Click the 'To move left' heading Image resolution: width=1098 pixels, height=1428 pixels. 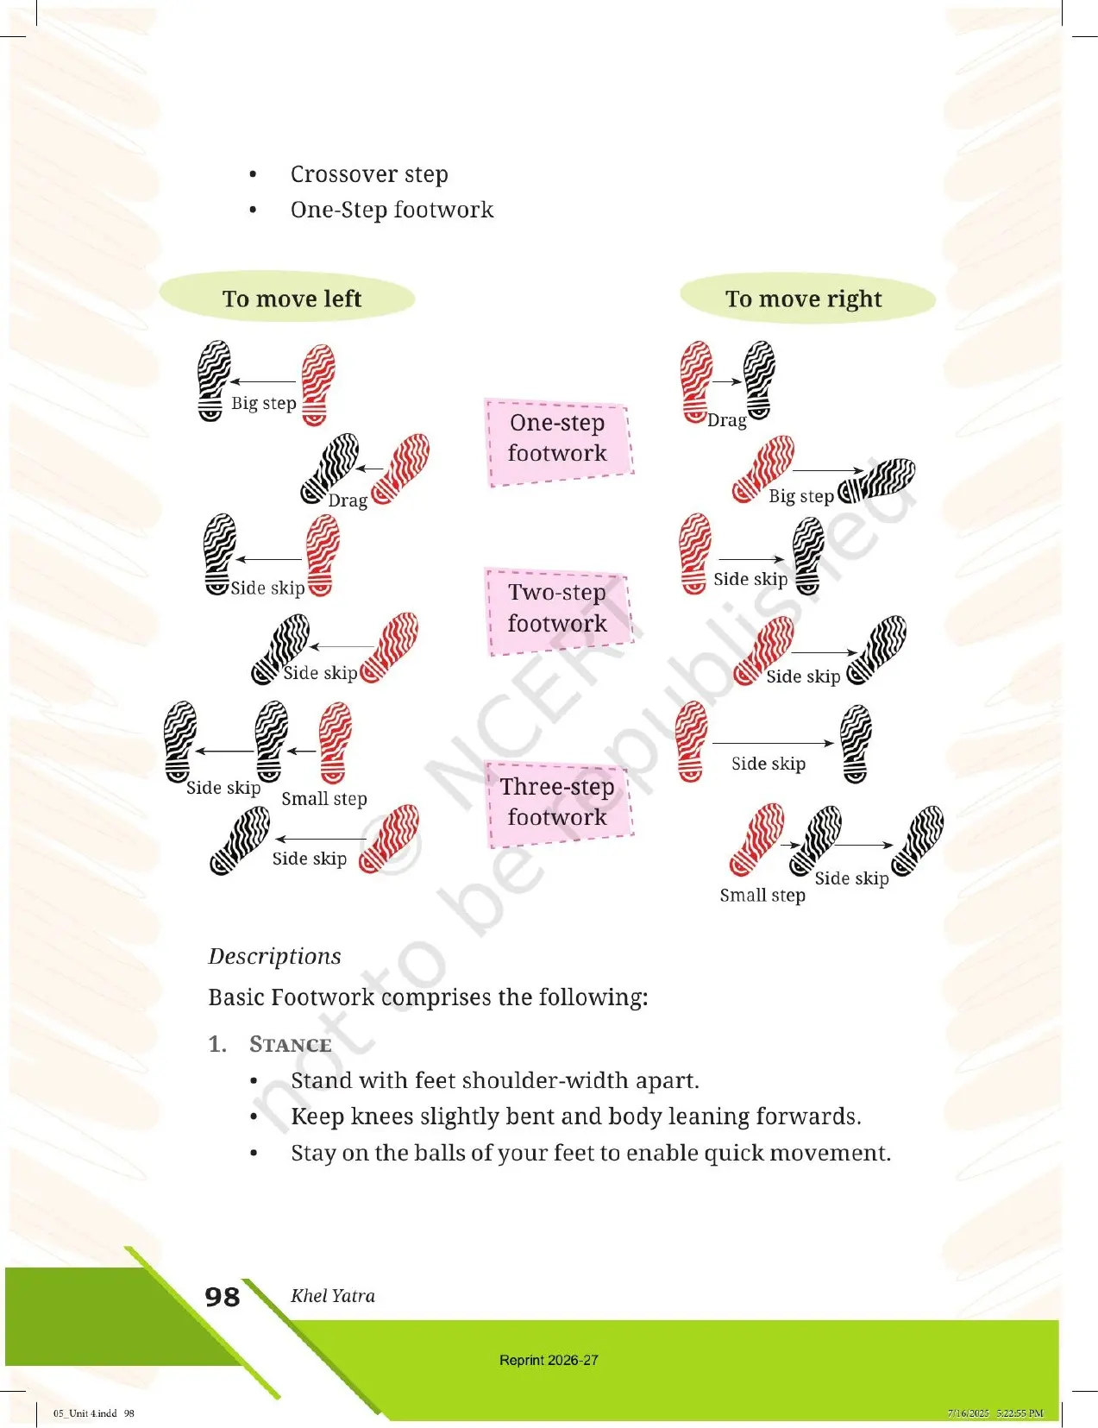coord(292,299)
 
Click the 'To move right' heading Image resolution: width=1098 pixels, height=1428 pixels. coord(803,299)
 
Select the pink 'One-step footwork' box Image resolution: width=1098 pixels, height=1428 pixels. coord(558,443)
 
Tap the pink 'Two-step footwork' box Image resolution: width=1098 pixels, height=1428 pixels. coord(558,611)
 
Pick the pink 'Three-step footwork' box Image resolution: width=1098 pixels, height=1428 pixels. coord(558,804)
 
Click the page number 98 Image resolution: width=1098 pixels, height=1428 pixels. coord(222,1297)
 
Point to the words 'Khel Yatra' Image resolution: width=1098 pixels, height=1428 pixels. coord(333,1295)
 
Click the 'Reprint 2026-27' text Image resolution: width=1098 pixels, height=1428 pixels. coord(549,1360)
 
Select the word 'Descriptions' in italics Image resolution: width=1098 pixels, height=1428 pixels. coord(274,956)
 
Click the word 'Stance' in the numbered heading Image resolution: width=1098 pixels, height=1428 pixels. coord(291,1044)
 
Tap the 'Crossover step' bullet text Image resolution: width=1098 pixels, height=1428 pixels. coord(369,174)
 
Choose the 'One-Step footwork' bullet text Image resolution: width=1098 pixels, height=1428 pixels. coord(392,210)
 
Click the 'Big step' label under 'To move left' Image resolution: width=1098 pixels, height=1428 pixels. coord(264,403)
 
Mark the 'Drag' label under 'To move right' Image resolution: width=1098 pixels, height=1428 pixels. coord(727,420)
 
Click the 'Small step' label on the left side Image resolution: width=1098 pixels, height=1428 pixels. coord(324,798)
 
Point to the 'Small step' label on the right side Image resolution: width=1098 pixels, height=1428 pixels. coord(762,895)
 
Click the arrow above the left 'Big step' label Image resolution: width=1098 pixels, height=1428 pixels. coord(263,381)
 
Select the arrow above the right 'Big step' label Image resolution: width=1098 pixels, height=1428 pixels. coord(829,470)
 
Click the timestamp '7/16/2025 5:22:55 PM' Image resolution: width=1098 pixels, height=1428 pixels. coord(995,1412)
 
